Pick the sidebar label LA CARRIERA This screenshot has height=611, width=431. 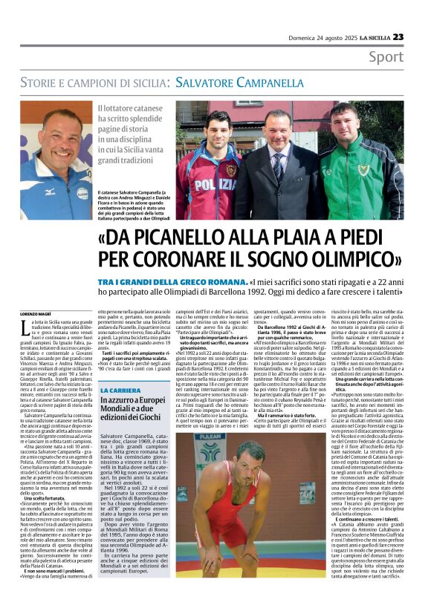pyautogui.click(x=120, y=389)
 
